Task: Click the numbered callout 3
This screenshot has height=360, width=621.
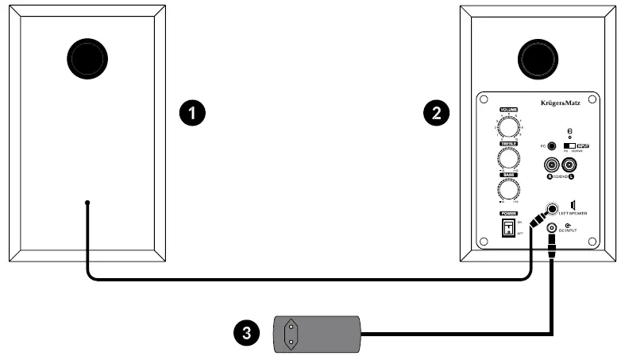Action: (x=247, y=330)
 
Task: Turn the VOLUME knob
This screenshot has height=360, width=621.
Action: (x=508, y=126)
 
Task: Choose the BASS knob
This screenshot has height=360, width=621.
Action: (x=508, y=188)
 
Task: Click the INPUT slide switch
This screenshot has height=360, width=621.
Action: (x=569, y=146)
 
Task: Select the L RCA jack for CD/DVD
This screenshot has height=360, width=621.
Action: (x=569, y=165)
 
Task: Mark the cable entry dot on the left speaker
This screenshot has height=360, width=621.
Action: (x=87, y=203)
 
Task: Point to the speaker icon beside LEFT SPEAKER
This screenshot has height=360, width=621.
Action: (x=573, y=206)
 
